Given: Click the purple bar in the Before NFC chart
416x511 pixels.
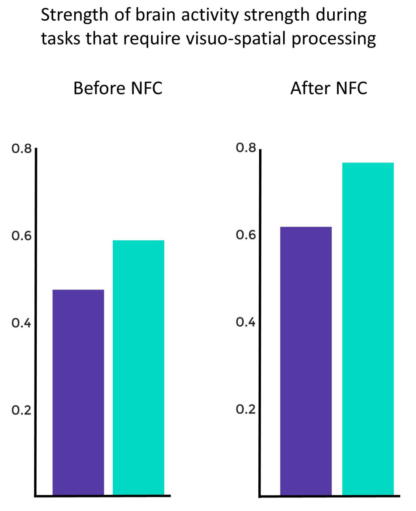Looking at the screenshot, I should [x=78, y=392].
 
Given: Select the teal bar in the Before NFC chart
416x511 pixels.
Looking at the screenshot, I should [x=139, y=367].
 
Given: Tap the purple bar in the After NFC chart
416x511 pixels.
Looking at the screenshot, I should [x=306, y=361].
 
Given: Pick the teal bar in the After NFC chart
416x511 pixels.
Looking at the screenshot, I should [x=367, y=328].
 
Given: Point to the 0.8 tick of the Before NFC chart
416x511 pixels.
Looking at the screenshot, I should [x=21, y=149].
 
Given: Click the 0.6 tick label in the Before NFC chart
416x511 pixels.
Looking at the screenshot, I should [x=21, y=236].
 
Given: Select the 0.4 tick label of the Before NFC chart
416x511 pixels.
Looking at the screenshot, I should [x=21, y=323].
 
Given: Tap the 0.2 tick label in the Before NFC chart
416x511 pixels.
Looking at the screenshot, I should [x=21, y=411].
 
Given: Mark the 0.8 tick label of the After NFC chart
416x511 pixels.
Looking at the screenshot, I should [x=246, y=148].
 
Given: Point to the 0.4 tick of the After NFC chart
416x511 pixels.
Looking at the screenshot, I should [x=246, y=322].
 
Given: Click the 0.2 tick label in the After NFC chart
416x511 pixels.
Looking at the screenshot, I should [x=246, y=410].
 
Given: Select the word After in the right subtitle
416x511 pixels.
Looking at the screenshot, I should [x=309, y=89].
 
